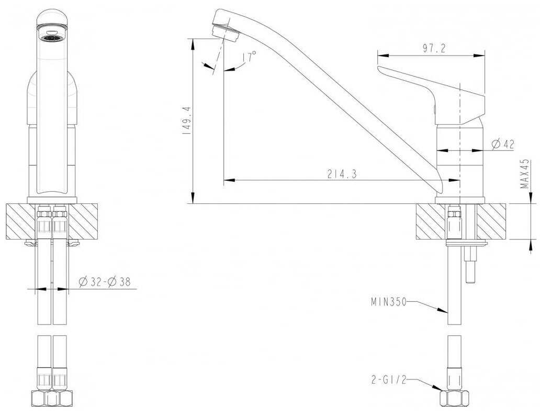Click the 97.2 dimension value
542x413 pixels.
tap(434, 48)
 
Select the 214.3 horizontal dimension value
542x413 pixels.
tap(342, 173)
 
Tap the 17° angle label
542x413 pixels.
tap(249, 57)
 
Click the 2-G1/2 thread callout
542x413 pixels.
tap(387, 380)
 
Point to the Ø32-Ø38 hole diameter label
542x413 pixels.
tap(105, 282)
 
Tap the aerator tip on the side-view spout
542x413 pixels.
tap(227, 32)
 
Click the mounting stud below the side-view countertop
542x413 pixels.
tap(469, 265)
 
